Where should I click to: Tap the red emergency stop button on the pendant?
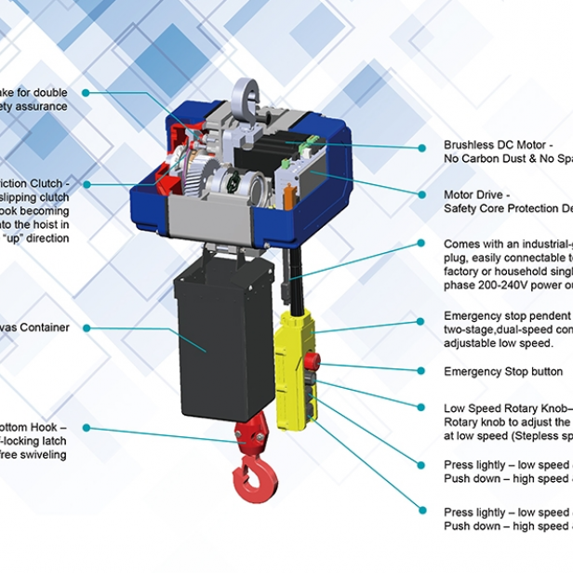(313, 361)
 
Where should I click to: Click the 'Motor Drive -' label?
(476, 195)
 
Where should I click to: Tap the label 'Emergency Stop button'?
(502, 371)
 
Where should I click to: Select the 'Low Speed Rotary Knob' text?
(506, 408)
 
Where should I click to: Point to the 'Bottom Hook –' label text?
(33, 428)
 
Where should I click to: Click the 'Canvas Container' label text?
(34, 327)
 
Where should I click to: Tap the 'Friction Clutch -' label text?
(34, 183)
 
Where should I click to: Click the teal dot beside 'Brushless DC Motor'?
(423, 146)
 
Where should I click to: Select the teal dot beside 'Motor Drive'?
(423, 195)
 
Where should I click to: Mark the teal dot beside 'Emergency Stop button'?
(423, 371)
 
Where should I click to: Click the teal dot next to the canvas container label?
(86, 327)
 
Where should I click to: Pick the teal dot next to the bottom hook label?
(86, 428)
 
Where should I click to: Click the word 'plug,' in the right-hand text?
(455, 257)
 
